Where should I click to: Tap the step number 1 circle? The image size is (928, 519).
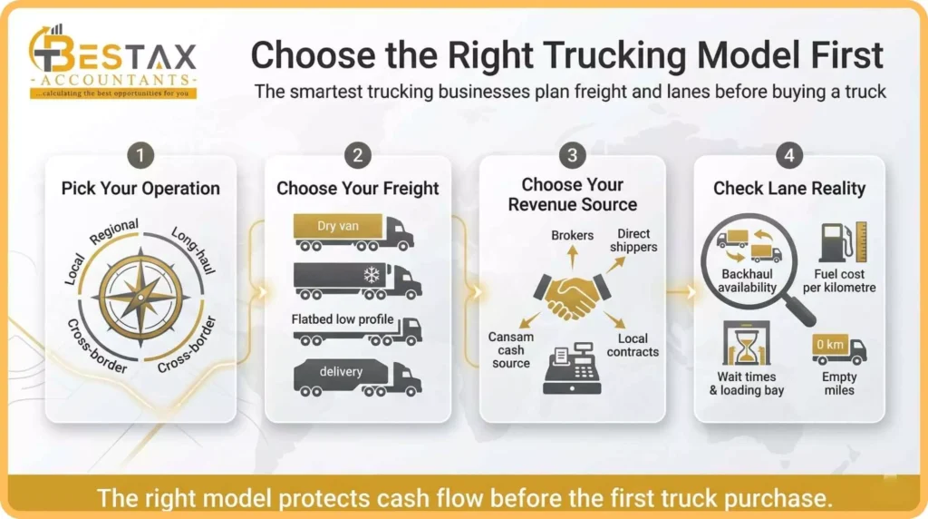(x=140, y=155)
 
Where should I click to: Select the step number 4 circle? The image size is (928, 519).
(x=789, y=155)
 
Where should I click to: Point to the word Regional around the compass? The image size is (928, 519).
(x=114, y=231)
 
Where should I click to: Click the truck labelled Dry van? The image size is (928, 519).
(x=353, y=232)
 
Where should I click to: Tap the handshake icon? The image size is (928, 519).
(x=572, y=295)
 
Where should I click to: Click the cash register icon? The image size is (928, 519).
(x=572, y=371)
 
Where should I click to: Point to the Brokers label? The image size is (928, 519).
(x=572, y=236)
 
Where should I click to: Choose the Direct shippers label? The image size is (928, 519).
(x=633, y=240)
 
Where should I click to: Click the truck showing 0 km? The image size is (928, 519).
(x=838, y=349)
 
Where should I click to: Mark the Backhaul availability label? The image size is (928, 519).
(x=749, y=281)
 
